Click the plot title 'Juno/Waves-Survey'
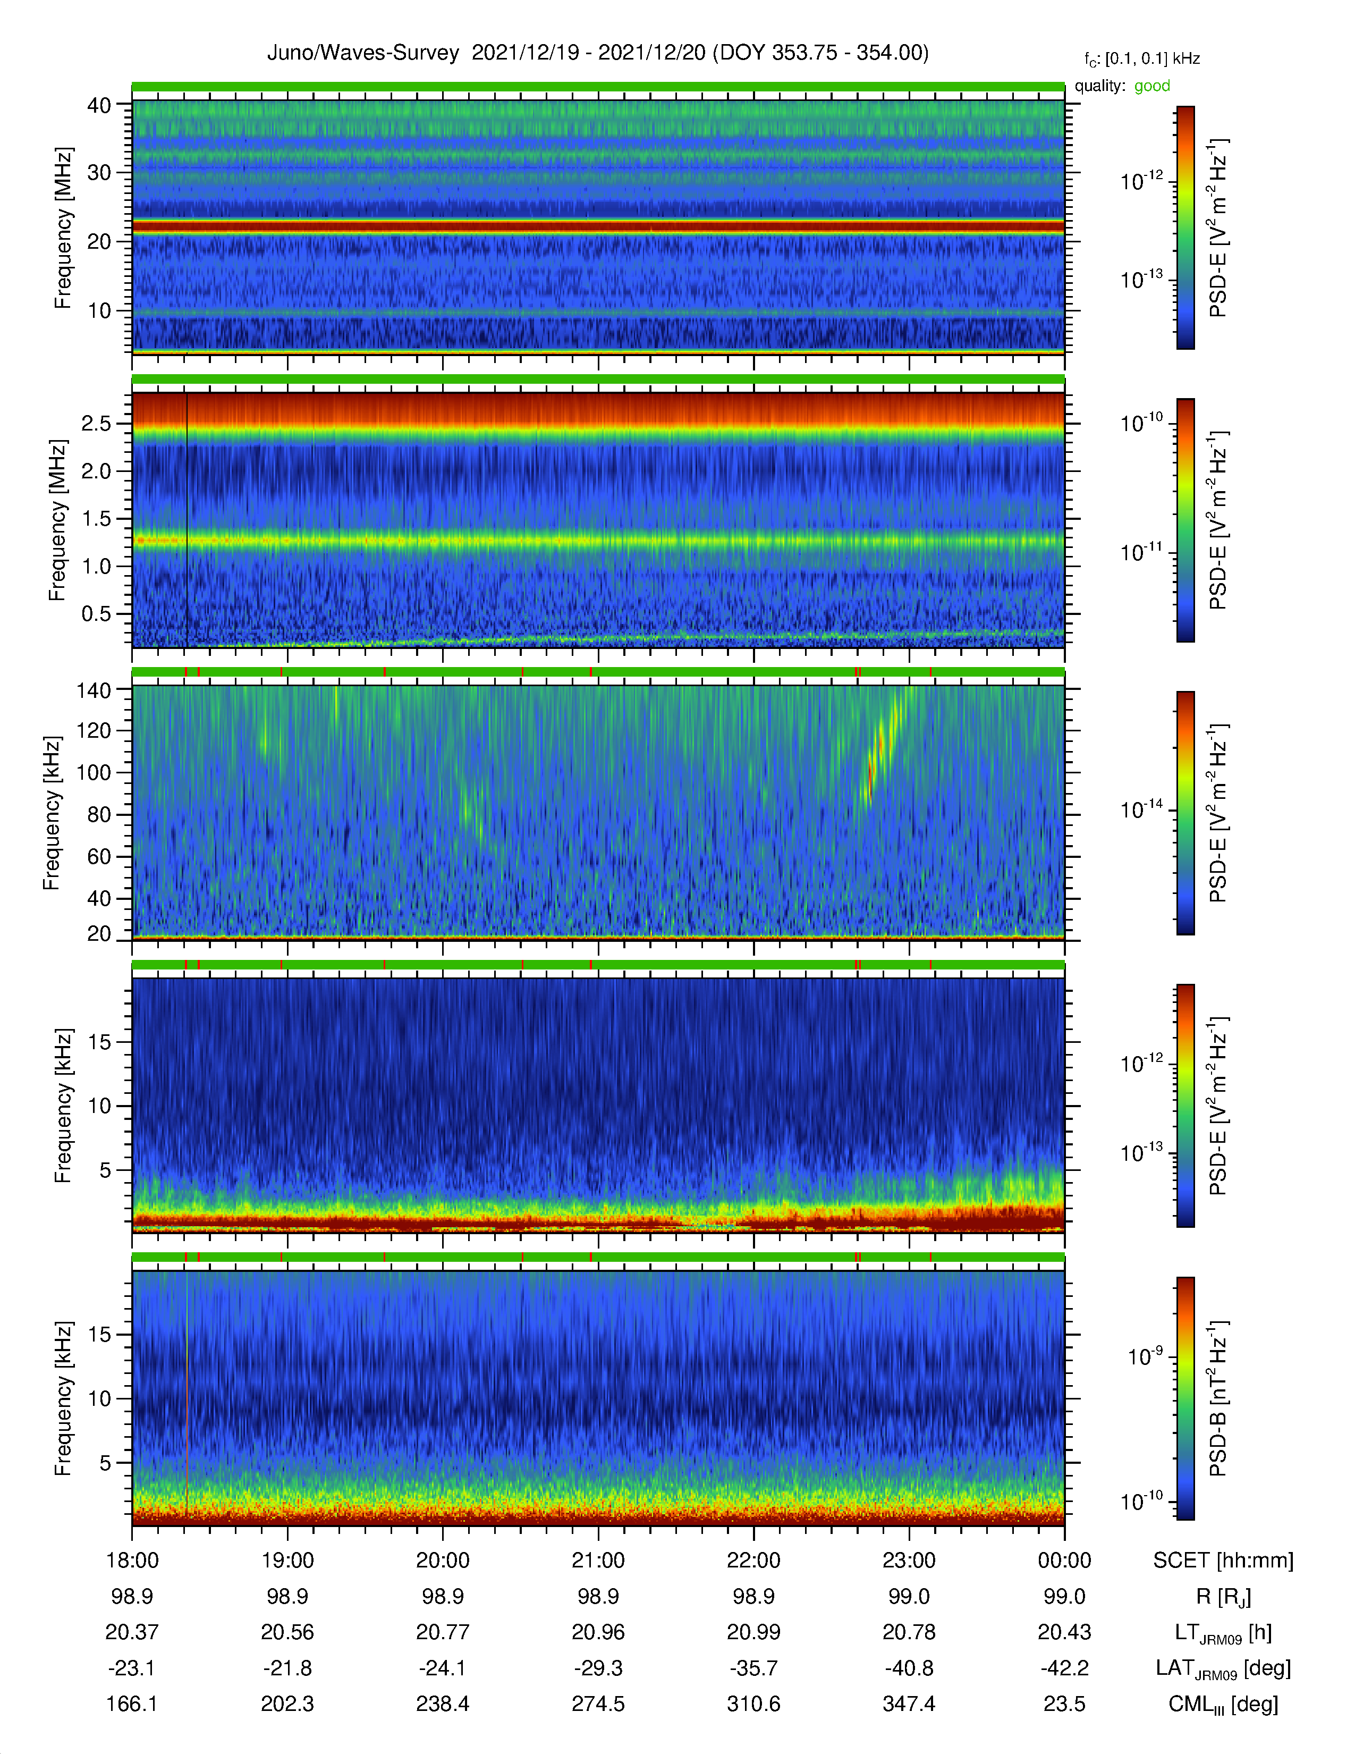pos(363,53)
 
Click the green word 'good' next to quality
pos(1152,86)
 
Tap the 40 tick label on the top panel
pos(99,105)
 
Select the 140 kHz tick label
pos(93,690)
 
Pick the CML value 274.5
pos(598,1704)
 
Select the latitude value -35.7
pos(754,1668)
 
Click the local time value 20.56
pos(287,1632)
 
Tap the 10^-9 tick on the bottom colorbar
pos(1145,1356)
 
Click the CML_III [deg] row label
pos(1223,1704)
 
